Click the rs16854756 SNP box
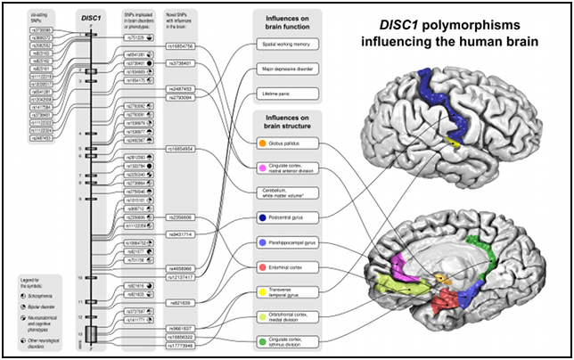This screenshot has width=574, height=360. pos(182,45)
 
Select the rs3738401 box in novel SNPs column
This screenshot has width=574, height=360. pos(182,64)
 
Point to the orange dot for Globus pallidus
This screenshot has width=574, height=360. pos(261,142)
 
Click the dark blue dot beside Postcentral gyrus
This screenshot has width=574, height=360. pos(261,217)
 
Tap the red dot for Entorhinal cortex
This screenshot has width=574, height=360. pos(261,266)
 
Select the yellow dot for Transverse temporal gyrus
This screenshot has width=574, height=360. pos(261,290)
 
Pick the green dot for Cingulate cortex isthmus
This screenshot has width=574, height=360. pos(261,340)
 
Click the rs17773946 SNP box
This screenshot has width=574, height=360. pos(182,346)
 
